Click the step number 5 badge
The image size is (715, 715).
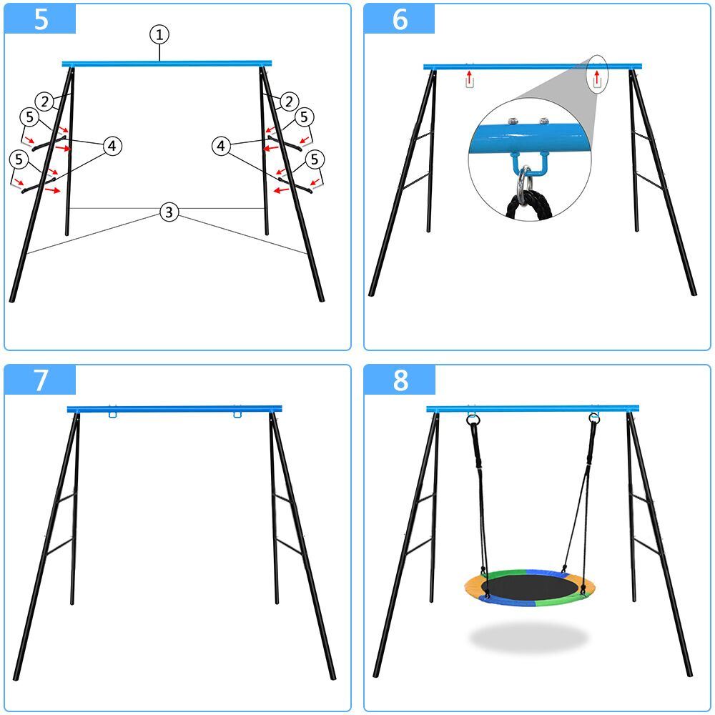click(41, 19)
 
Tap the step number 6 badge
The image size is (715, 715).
click(400, 19)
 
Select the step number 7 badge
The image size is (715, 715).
click(41, 380)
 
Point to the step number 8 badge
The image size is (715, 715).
click(400, 380)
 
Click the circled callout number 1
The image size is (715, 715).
click(159, 34)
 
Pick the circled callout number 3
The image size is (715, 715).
click(168, 212)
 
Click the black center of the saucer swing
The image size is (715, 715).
click(529, 588)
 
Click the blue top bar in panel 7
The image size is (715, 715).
click(174, 409)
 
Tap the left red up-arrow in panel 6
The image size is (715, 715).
click(468, 74)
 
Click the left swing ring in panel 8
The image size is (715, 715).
click(473, 420)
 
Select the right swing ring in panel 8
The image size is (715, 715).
click(594, 418)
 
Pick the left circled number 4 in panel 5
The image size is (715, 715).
click(112, 147)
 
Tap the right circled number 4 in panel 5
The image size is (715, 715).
click(222, 147)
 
